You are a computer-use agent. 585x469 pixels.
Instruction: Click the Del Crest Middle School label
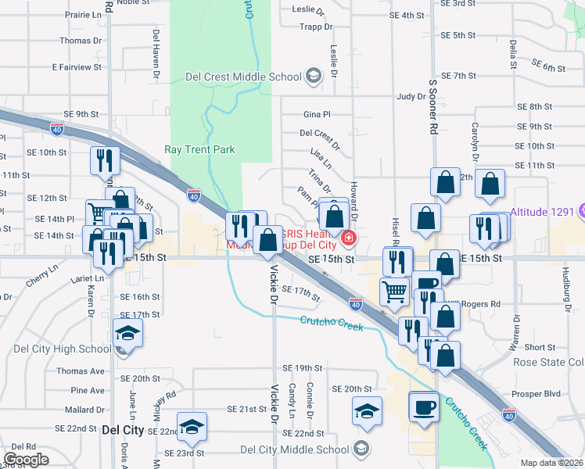[243, 77]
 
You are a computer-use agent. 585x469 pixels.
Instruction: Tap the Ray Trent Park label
[199, 149]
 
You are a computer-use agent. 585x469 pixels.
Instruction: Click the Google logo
[26, 460]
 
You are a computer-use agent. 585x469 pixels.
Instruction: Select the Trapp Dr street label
[316, 27]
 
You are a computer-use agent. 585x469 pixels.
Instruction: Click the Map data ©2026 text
[552, 463]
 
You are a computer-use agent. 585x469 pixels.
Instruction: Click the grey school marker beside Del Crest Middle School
[314, 76]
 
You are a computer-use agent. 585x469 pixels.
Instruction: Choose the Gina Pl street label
[317, 114]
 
